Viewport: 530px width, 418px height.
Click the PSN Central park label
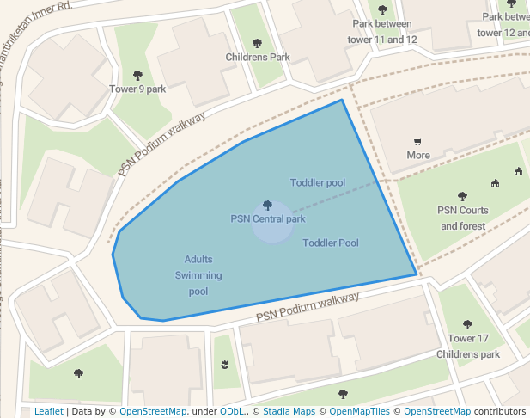point(267,218)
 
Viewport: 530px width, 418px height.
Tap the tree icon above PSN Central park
point(267,206)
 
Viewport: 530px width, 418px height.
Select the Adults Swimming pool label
point(198,275)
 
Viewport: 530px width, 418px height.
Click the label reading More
point(418,156)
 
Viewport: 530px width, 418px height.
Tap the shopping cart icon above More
point(418,142)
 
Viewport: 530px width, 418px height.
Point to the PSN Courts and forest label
point(463,218)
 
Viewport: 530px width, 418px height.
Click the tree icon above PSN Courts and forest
point(463,196)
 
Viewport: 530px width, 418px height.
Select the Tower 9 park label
point(137,89)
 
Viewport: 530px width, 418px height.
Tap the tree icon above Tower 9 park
point(137,76)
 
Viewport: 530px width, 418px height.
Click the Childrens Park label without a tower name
point(258,58)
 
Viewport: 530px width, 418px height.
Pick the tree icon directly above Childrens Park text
point(257,43)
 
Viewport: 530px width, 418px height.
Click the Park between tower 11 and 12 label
point(382,32)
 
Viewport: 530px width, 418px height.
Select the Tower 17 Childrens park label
point(468,346)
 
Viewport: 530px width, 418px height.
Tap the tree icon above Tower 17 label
point(467,324)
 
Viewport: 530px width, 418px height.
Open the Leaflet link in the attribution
point(48,411)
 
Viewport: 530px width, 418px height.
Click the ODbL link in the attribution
point(232,411)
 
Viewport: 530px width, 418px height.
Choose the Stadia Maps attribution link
point(288,411)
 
